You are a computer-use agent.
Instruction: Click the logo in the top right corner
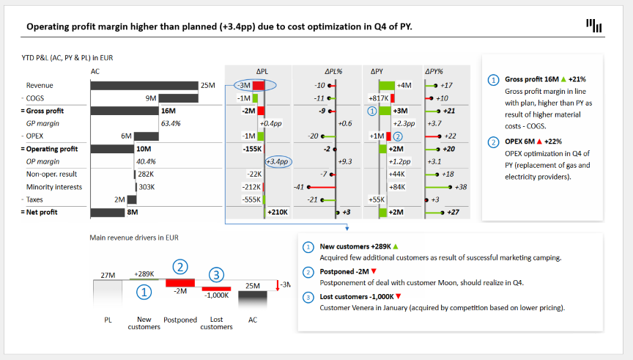pyautogui.click(x=594, y=26)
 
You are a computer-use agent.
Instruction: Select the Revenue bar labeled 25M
pyautogui.click(x=144, y=85)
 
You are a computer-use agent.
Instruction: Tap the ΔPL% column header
pyautogui.click(x=325, y=71)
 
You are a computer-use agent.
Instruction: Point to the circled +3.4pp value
pyautogui.click(x=278, y=161)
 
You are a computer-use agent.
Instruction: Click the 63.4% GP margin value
pyautogui.click(x=170, y=123)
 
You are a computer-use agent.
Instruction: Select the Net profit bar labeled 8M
pyautogui.click(x=107, y=212)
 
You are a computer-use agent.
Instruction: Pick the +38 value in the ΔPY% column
pyautogui.click(x=461, y=187)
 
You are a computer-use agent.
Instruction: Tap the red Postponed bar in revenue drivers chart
pyautogui.click(x=179, y=282)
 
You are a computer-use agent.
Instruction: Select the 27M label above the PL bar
pyautogui.click(x=107, y=275)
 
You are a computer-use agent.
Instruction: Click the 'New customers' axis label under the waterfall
pyautogui.click(x=144, y=323)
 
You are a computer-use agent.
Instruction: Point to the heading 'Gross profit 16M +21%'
pyautogui.click(x=544, y=78)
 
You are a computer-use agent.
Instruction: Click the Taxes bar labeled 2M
pyautogui.click(x=132, y=199)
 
